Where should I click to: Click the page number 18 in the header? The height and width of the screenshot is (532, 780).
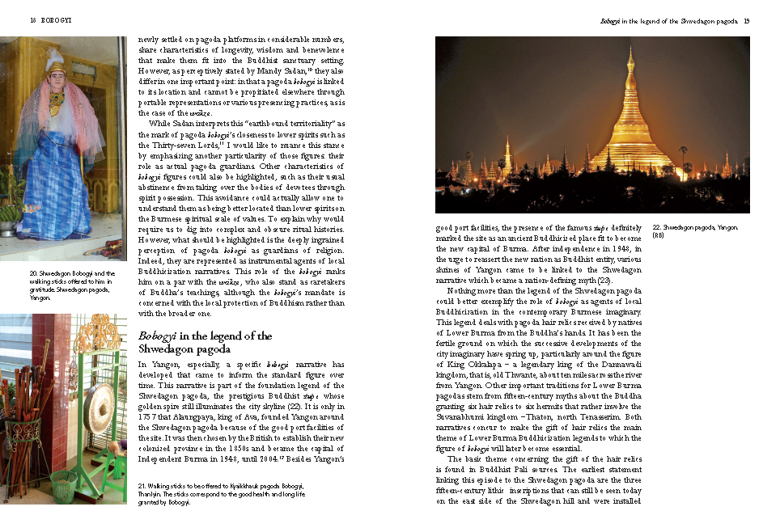click(33, 20)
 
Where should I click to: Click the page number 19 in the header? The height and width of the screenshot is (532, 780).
click(746, 20)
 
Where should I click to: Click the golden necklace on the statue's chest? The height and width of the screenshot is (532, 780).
click(57, 103)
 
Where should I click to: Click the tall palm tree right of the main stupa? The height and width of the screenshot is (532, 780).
click(685, 158)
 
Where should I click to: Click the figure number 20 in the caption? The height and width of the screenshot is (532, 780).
click(32, 274)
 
